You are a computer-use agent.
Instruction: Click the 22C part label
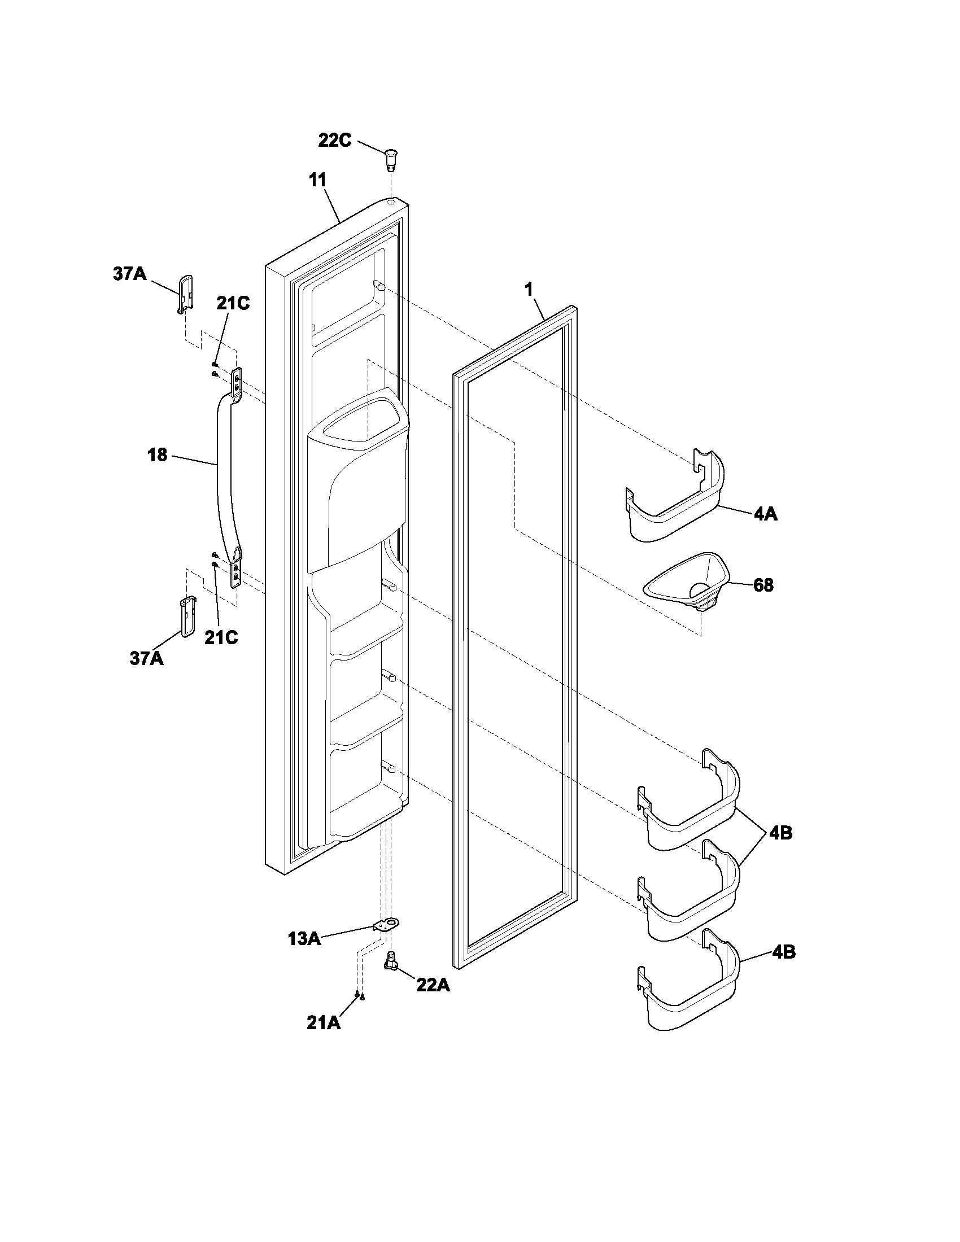[334, 141]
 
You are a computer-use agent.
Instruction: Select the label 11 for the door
[317, 180]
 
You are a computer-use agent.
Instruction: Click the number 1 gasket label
[529, 290]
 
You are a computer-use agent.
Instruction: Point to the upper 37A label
[129, 275]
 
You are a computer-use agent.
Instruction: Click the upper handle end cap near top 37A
[185, 294]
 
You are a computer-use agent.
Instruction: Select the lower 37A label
[147, 658]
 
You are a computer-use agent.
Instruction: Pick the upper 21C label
[233, 304]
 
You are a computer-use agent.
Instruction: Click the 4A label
[766, 514]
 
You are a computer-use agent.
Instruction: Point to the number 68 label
[763, 585]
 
